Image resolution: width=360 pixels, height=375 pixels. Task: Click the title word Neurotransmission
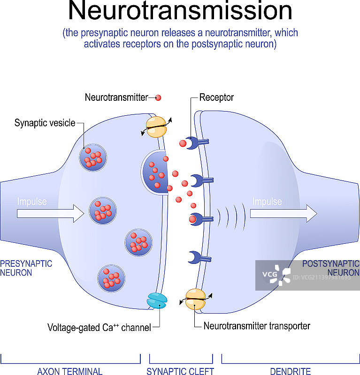click(x=180, y=13)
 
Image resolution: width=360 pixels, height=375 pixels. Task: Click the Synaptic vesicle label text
click(x=45, y=123)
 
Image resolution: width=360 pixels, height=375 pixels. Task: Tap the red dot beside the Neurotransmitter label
click(x=158, y=98)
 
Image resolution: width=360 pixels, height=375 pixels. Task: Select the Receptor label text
click(x=216, y=98)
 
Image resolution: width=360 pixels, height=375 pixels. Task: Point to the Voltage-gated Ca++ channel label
click(x=99, y=327)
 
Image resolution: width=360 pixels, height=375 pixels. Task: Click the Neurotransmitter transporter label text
click(x=257, y=326)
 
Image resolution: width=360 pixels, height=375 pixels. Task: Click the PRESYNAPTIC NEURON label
click(x=26, y=268)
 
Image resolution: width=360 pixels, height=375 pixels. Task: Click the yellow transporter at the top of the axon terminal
click(x=156, y=127)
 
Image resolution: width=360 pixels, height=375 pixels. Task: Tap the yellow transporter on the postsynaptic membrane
click(x=195, y=300)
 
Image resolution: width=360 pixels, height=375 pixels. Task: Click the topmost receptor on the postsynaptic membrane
click(x=193, y=142)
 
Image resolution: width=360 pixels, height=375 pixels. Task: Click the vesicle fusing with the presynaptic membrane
click(x=155, y=172)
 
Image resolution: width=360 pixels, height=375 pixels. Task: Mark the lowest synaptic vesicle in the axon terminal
click(x=111, y=278)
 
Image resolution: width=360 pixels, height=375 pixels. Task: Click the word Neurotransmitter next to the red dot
click(x=116, y=98)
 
